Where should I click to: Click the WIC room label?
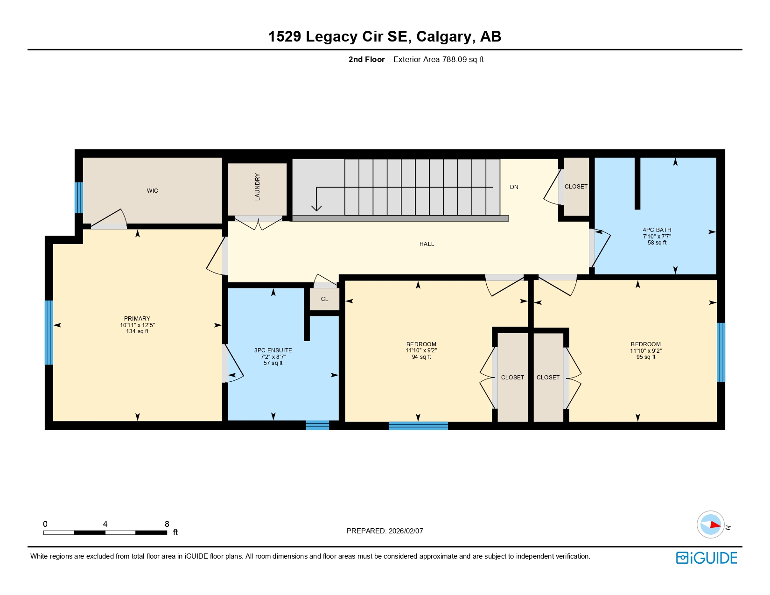click(x=152, y=191)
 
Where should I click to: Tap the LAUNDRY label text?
click(x=257, y=187)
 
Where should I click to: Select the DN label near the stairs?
click(x=514, y=187)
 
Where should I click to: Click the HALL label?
click(x=427, y=244)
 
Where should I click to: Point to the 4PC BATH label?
click(x=657, y=230)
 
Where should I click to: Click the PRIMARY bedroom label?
click(x=137, y=319)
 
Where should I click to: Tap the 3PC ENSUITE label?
click(x=273, y=350)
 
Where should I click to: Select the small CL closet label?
click(x=324, y=299)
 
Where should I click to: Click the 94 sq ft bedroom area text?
click(x=421, y=357)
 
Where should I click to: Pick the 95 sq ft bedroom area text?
click(x=645, y=357)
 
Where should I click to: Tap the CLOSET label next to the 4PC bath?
click(x=576, y=187)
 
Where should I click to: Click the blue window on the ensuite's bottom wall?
click(x=317, y=425)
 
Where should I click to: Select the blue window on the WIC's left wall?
click(x=79, y=197)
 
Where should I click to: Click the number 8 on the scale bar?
click(x=167, y=524)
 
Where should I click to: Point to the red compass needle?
click(x=714, y=525)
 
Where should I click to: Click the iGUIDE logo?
click(x=707, y=558)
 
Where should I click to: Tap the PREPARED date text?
click(x=385, y=531)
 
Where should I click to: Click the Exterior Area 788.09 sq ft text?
click(x=438, y=59)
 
